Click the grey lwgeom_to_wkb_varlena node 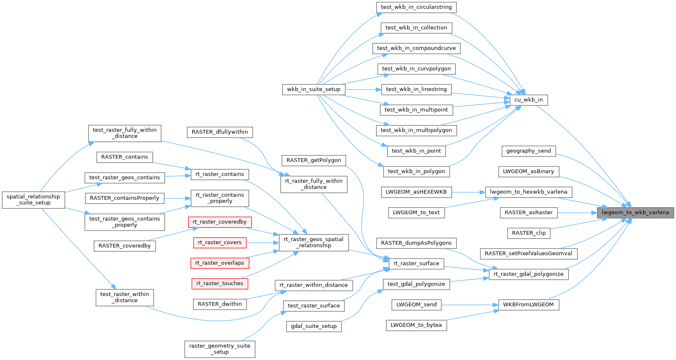635,212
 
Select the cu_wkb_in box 528,100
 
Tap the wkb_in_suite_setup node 313,89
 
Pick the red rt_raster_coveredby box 220,222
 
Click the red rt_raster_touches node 220,283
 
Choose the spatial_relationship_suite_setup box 33,200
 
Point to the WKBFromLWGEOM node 528,305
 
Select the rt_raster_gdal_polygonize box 528,274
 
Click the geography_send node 528,151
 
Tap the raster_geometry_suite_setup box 220,349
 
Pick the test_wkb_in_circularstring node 416,7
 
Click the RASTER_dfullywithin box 220,132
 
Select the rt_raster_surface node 416,263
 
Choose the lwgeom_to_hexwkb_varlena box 528,192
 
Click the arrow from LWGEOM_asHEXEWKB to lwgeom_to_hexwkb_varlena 468,192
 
